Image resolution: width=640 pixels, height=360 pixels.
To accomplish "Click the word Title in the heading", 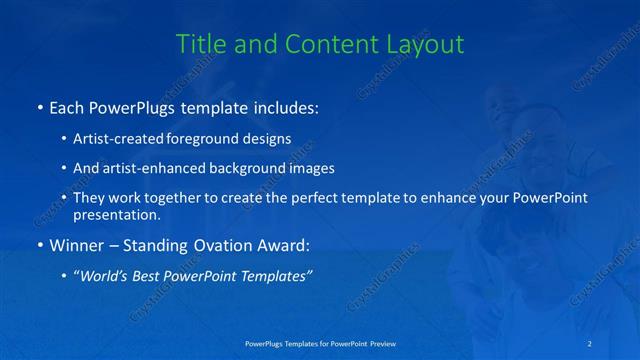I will pyautogui.click(x=199, y=44).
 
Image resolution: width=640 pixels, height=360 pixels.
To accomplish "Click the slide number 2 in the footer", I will pyautogui.click(x=590, y=343).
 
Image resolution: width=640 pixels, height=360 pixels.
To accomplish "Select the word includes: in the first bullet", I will pyautogui.click(x=281, y=107).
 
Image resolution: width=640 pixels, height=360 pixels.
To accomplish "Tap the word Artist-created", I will pyautogui.click(x=113, y=139).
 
